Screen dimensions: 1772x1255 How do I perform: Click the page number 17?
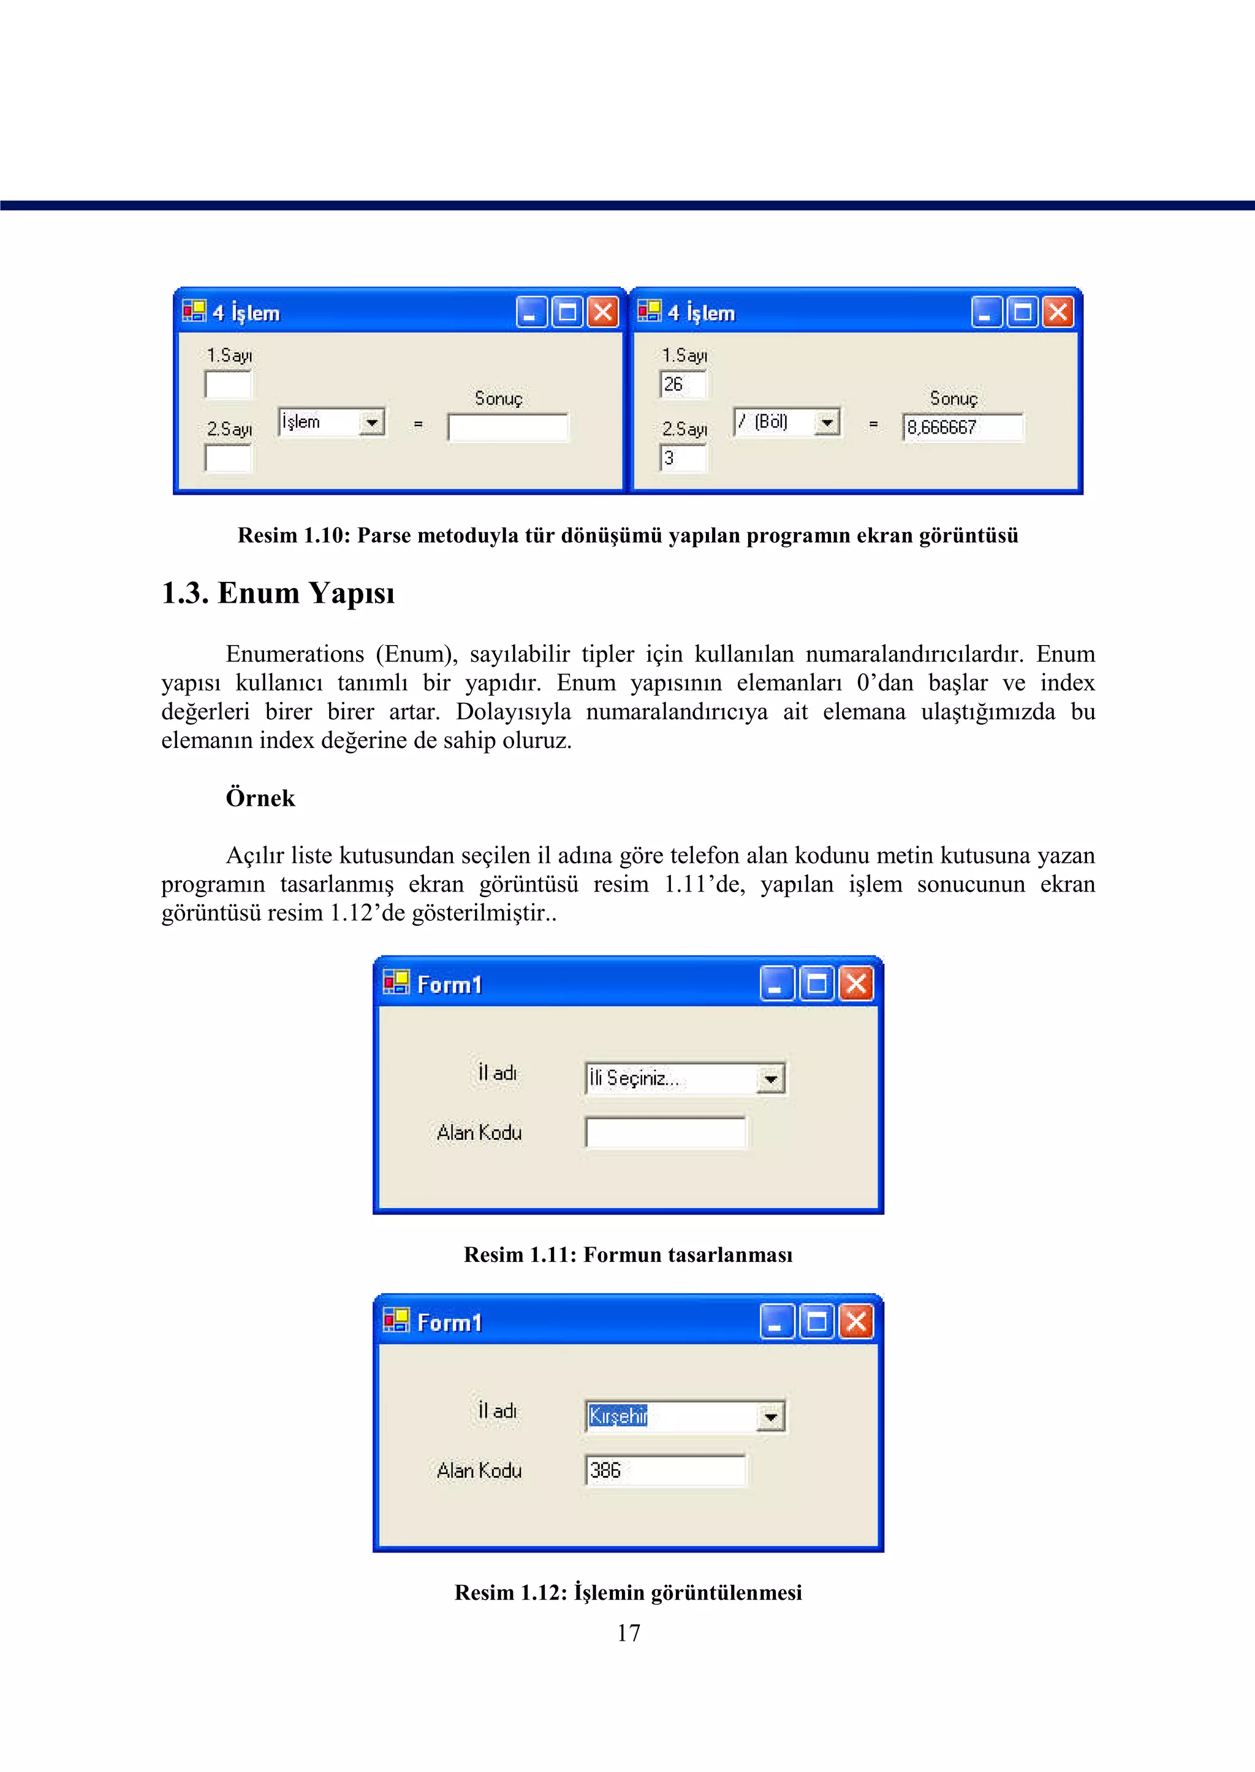point(628,1632)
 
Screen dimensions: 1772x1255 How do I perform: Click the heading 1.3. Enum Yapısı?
point(278,593)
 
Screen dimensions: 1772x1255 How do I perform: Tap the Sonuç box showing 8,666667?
point(962,427)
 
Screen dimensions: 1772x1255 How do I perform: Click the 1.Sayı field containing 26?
point(683,384)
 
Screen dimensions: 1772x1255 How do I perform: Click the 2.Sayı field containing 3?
point(683,457)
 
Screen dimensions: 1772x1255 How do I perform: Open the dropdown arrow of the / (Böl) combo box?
point(827,422)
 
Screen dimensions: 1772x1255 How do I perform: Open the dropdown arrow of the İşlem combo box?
point(372,422)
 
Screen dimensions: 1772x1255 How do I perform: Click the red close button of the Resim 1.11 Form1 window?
point(856,984)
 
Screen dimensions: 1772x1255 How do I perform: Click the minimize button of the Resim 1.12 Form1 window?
point(776,1322)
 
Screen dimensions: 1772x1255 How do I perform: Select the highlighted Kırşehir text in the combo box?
point(618,1416)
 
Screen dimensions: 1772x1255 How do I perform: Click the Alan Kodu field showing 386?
point(665,1470)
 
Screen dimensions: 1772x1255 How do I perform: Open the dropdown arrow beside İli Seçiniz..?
point(770,1079)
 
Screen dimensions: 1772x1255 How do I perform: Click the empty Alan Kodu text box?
point(665,1132)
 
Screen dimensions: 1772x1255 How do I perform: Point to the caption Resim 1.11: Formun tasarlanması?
point(627,1254)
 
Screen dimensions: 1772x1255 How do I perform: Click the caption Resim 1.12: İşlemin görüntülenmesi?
point(627,1592)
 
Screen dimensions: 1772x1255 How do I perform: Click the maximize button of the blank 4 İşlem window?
point(567,312)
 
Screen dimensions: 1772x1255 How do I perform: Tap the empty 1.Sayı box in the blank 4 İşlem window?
point(228,384)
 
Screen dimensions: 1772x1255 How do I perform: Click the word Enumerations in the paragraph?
point(294,654)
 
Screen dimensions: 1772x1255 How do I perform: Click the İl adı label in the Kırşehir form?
point(496,1411)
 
